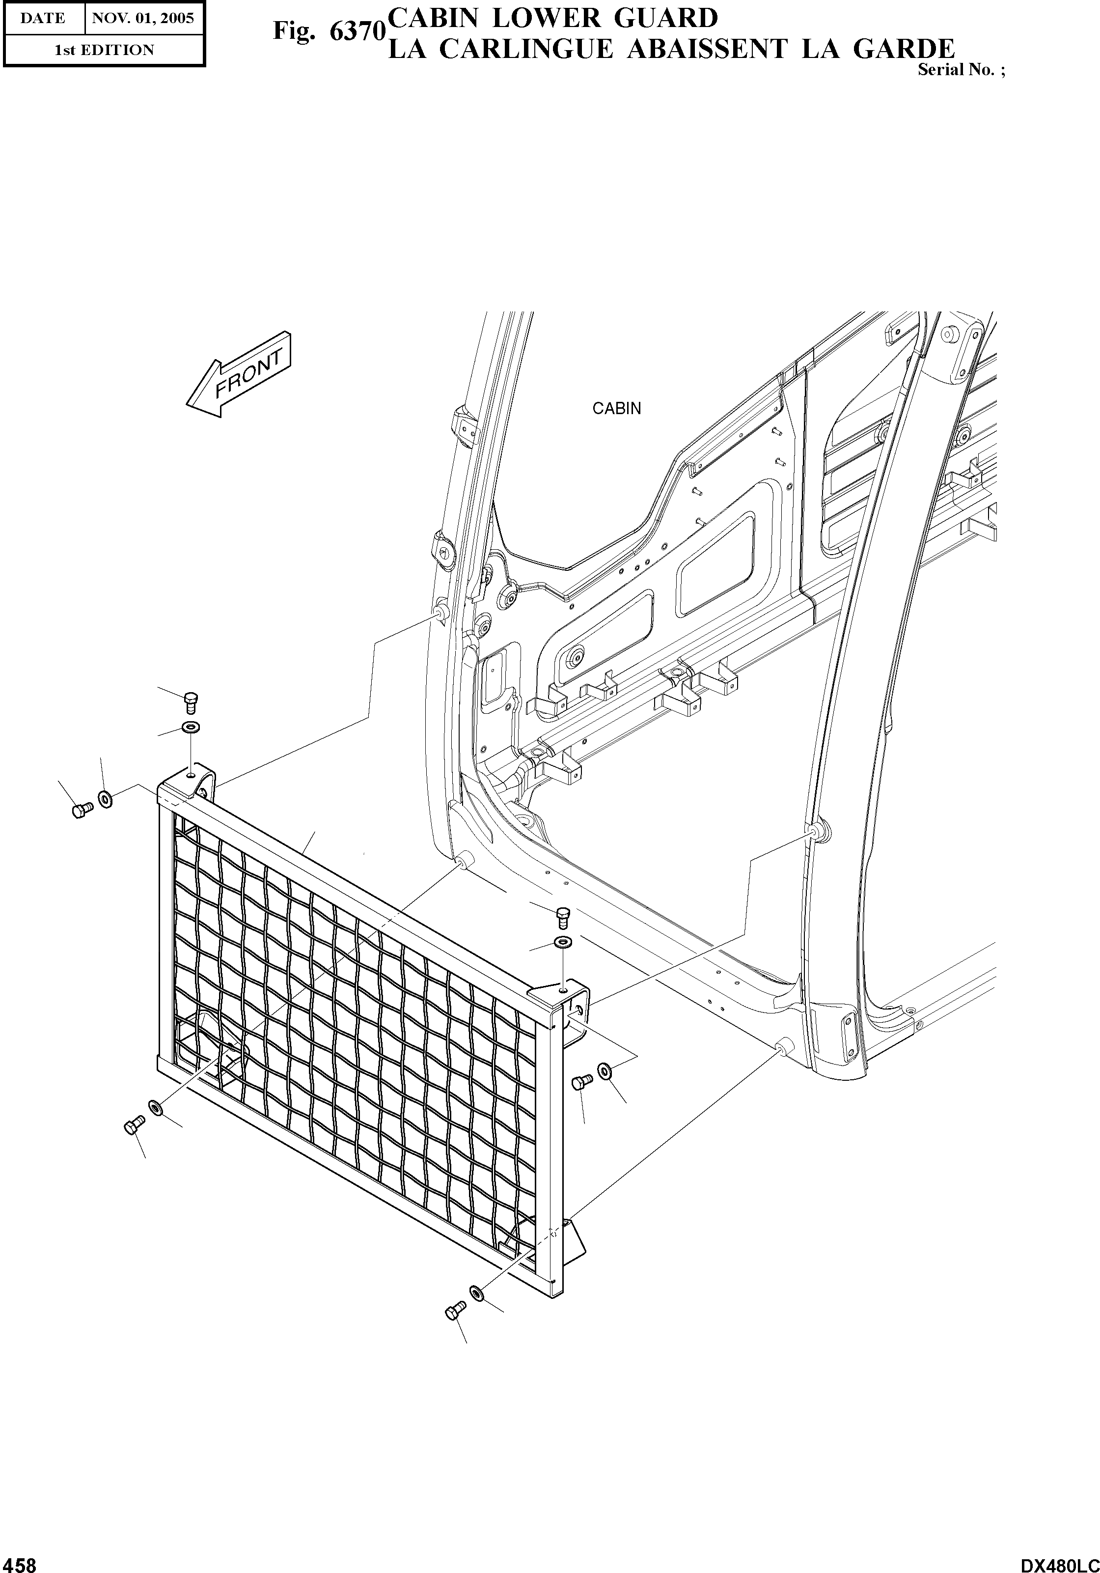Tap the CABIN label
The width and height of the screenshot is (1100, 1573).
click(x=616, y=408)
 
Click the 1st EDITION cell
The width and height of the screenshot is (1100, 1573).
click(x=104, y=50)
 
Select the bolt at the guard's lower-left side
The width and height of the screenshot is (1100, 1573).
click(x=134, y=1125)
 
